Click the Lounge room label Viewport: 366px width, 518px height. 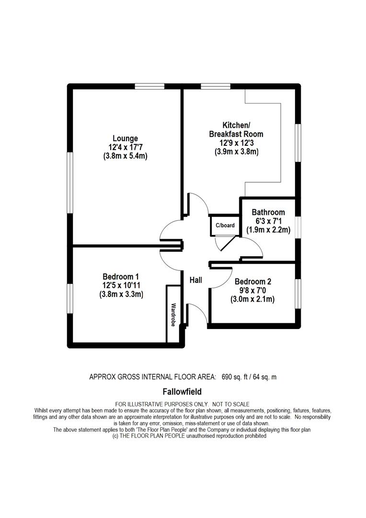pos(125,139)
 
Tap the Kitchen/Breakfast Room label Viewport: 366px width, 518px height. pos(236,130)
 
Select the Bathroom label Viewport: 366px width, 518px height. pos(268,212)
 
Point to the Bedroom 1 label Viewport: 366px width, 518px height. pos(121,277)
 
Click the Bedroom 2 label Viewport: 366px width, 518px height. pos(253,282)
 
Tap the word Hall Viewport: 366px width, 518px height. pos(196,280)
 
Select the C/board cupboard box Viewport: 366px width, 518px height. pos(225,225)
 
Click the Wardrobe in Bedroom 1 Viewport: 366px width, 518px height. pos(173,314)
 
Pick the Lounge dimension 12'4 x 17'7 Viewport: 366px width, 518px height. pos(125,147)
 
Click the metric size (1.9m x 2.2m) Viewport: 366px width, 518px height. pos(268,230)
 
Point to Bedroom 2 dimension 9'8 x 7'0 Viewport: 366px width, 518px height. pos(252,291)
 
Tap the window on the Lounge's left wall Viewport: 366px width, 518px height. pos(70,182)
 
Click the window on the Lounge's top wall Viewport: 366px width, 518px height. pos(149,86)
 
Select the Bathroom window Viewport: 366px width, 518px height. pos(298,227)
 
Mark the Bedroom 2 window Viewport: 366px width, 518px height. pos(298,294)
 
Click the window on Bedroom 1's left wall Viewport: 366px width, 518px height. pos(70,299)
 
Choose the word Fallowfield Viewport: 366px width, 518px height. pos(182,392)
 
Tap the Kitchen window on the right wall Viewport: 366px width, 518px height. pos(298,143)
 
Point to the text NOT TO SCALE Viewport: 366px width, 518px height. pos(231,404)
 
